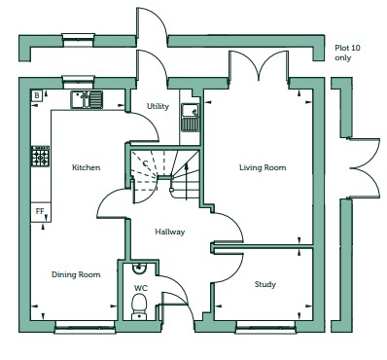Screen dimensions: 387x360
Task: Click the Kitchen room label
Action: (x=86, y=167)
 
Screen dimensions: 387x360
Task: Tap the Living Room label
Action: (x=263, y=167)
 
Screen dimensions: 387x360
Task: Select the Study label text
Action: (x=265, y=284)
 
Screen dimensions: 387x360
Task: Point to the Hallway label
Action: (x=170, y=232)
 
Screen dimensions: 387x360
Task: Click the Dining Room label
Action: (x=76, y=274)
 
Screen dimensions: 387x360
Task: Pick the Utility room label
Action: (x=158, y=106)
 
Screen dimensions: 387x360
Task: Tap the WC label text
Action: (x=141, y=288)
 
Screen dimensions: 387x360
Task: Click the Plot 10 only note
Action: (x=347, y=53)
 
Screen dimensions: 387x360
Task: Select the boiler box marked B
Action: (x=37, y=95)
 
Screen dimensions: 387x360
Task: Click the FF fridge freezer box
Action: (x=40, y=212)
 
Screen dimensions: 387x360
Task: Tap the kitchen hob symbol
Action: (x=41, y=157)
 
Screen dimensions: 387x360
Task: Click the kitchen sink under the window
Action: (x=87, y=99)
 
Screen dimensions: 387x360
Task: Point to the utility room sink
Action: (x=190, y=118)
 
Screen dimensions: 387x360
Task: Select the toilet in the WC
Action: (x=140, y=306)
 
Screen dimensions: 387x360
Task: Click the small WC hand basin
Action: (x=140, y=267)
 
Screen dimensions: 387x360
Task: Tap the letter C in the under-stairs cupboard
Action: (x=145, y=163)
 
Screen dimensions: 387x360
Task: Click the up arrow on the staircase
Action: (x=187, y=182)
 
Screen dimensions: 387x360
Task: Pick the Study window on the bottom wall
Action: (x=265, y=327)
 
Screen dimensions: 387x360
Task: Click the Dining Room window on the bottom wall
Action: (x=86, y=327)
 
